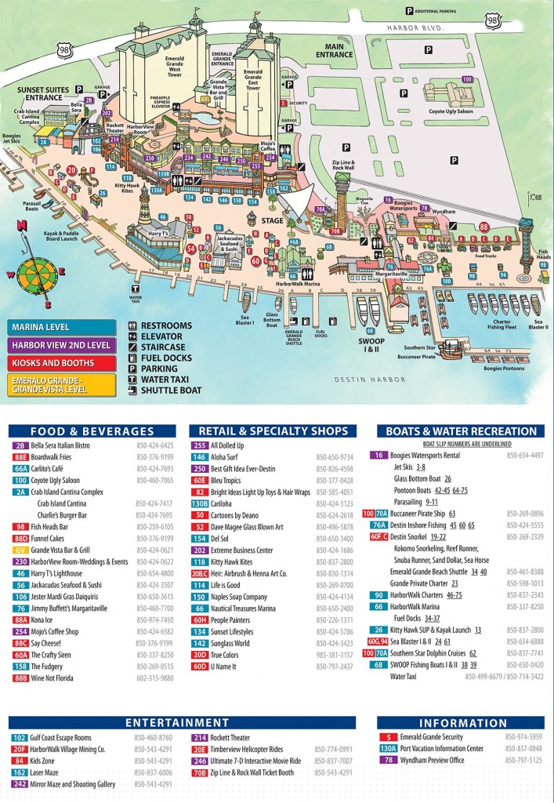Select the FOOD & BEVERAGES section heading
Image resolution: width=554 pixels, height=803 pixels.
point(92,431)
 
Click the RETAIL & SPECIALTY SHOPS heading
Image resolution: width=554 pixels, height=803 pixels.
point(273,431)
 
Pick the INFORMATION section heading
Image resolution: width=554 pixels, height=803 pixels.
point(463,723)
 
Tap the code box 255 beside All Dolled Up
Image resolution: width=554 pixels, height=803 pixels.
point(200,445)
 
